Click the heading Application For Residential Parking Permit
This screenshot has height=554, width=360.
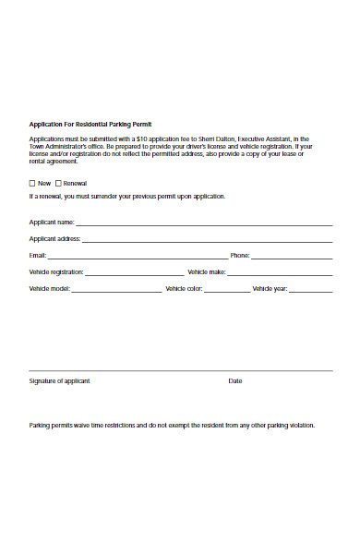click(x=90, y=123)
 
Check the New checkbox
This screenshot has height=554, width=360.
click(x=33, y=183)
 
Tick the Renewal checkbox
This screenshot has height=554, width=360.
click(x=59, y=183)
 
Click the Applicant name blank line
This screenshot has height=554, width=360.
click(x=204, y=223)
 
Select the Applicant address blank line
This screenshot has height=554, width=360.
click(x=209, y=240)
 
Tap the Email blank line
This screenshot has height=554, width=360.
click(x=138, y=257)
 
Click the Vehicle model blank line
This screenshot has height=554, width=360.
click(x=115, y=290)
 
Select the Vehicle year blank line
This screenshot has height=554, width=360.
click(x=311, y=290)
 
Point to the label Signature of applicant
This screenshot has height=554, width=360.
click(x=59, y=380)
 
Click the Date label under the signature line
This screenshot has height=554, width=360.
click(x=235, y=380)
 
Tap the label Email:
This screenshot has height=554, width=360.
click(x=37, y=255)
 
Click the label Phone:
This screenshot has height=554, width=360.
click(x=240, y=255)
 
